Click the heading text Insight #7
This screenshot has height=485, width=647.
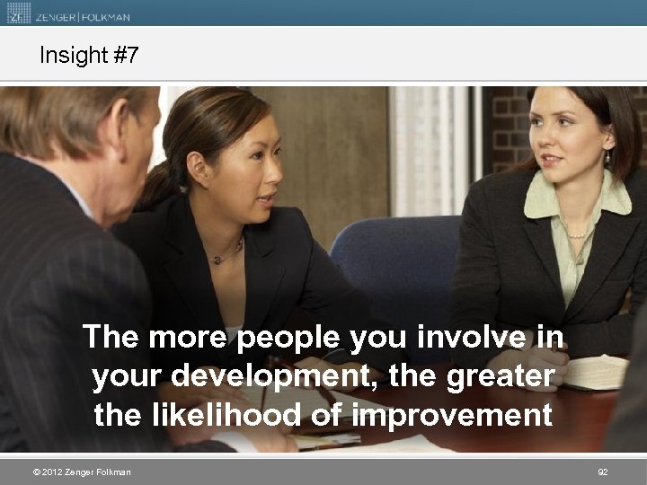[89, 56]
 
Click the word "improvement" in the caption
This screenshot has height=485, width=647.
[451, 416]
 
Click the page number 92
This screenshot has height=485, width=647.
[602, 472]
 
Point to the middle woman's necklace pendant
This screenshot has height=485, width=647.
[216, 260]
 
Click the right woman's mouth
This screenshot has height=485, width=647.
[551, 159]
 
